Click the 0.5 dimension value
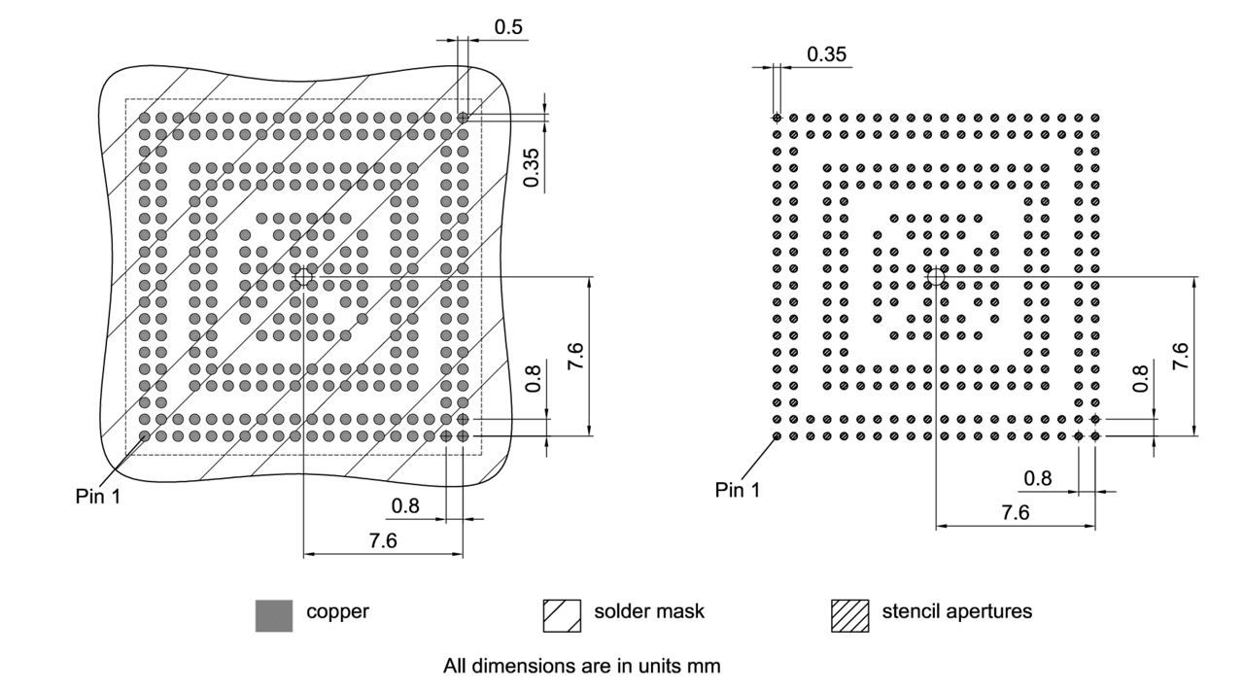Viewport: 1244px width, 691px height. [508, 27]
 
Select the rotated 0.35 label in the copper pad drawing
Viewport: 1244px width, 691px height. [532, 168]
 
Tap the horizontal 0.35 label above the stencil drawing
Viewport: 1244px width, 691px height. [826, 54]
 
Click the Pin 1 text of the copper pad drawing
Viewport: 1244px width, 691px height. [98, 496]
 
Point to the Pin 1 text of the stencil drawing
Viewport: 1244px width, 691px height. [738, 490]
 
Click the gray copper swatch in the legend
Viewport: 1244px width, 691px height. [273, 615]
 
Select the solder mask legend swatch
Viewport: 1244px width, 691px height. [561, 615]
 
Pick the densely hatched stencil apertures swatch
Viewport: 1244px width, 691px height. [849, 615]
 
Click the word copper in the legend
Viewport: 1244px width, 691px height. [337, 612]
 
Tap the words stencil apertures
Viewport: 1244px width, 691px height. [956, 612]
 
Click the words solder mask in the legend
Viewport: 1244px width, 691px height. [648, 612]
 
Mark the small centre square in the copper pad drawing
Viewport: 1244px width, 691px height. [304, 277]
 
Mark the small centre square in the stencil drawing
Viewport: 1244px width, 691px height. [936, 277]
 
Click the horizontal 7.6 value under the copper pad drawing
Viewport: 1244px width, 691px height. [383, 541]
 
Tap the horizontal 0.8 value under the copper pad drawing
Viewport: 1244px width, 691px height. [405, 505]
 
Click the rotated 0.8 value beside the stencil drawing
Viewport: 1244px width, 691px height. [1140, 377]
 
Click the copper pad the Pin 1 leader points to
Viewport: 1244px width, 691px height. [145, 437]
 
